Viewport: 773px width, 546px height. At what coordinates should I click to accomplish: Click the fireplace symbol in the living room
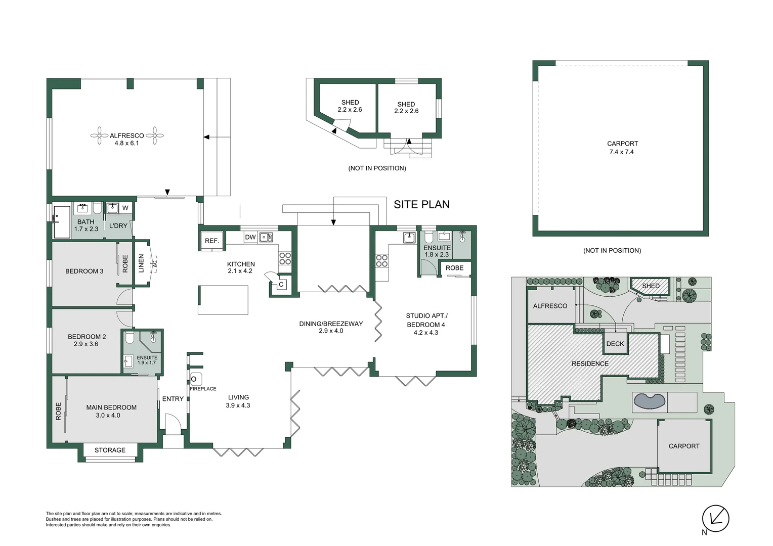[x=196, y=379]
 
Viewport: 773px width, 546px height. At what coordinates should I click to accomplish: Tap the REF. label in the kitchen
[x=212, y=241]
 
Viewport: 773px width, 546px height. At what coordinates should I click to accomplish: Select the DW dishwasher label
[x=250, y=237]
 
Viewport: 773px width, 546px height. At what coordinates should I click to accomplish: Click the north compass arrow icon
[x=715, y=518]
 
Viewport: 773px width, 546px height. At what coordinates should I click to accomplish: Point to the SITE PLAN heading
[x=421, y=204]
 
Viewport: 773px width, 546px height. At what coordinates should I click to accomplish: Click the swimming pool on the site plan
[x=649, y=401]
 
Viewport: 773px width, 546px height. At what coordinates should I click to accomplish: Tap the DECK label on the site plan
[x=615, y=344]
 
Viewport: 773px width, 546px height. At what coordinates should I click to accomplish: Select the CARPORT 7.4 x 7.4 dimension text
[x=622, y=152]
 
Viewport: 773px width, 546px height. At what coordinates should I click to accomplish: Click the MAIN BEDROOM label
[x=111, y=407]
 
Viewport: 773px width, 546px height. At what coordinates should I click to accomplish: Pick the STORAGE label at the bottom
[x=110, y=450]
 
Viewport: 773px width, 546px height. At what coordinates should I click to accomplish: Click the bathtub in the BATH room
[x=62, y=221]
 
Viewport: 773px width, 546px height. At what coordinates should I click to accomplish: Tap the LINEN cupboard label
[x=142, y=263]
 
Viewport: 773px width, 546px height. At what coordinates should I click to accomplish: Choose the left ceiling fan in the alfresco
[x=99, y=135]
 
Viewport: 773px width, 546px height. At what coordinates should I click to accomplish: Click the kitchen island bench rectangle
[x=223, y=300]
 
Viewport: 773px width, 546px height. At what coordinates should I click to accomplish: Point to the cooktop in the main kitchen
[x=285, y=258]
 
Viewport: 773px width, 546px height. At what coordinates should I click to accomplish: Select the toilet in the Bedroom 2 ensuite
[x=130, y=337]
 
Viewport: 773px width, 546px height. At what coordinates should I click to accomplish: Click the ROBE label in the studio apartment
[x=454, y=268]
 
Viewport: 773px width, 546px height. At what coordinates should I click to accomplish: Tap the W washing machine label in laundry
[x=125, y=208]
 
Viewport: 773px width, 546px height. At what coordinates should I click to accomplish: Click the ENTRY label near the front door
[x=173, y=399]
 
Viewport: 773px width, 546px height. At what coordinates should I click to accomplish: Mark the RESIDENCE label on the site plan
[x=590, y=363]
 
